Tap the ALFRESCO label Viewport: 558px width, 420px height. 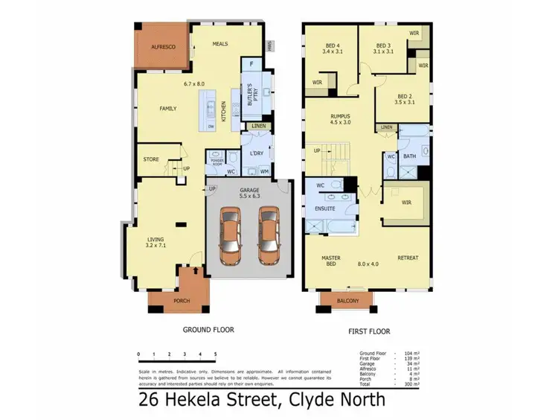point(163,46)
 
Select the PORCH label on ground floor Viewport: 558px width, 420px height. point(181,301)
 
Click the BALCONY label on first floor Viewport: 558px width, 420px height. point(347,301)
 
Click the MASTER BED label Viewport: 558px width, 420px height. point(330,261)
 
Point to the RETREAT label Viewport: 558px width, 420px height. point(408,258)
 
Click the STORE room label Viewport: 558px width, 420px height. point(151,159)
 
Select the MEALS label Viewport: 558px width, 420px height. point(219,44)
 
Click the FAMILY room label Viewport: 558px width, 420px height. point(168,108)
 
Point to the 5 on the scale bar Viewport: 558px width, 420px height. point(215,354)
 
